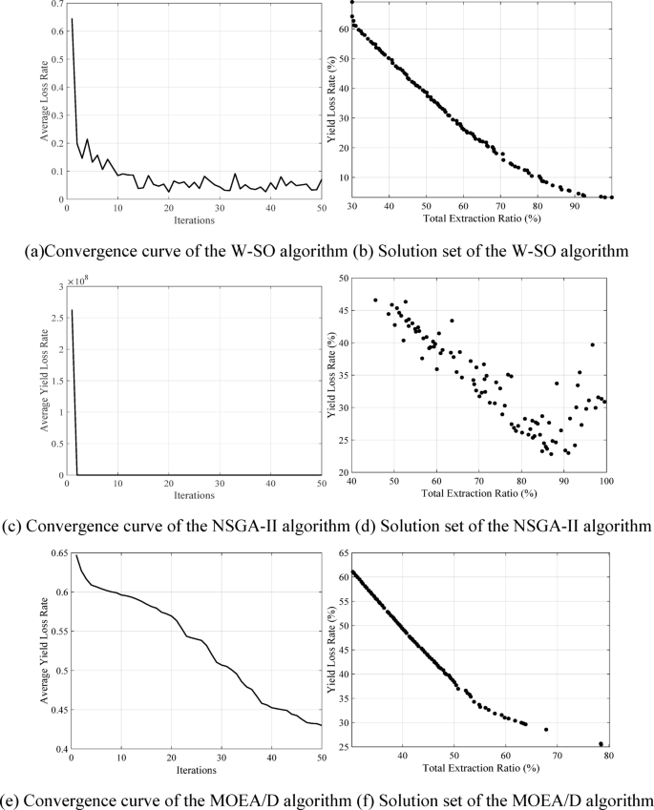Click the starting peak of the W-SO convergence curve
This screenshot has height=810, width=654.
point(71,19)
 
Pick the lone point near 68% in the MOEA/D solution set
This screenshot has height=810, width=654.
point(546,729)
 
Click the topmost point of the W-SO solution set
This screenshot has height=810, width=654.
point(351,3)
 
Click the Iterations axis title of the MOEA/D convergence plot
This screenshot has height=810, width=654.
point(195,769)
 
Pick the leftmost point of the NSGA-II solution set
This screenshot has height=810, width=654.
point(375,300)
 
